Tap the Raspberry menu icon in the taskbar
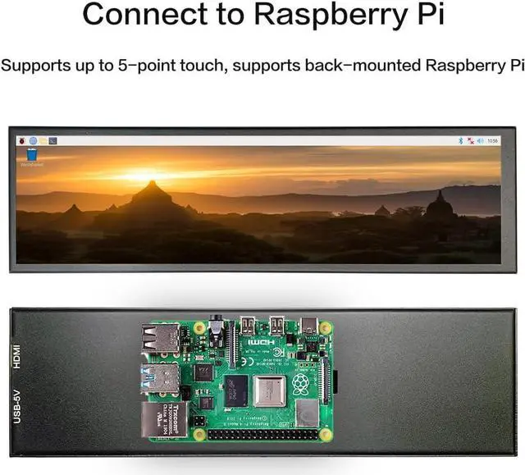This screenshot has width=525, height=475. coord(21,141)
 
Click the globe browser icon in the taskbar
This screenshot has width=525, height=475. coord(32,141)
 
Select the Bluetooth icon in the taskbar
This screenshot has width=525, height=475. coord(461,141)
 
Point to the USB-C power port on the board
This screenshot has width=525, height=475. coord(309,326)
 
